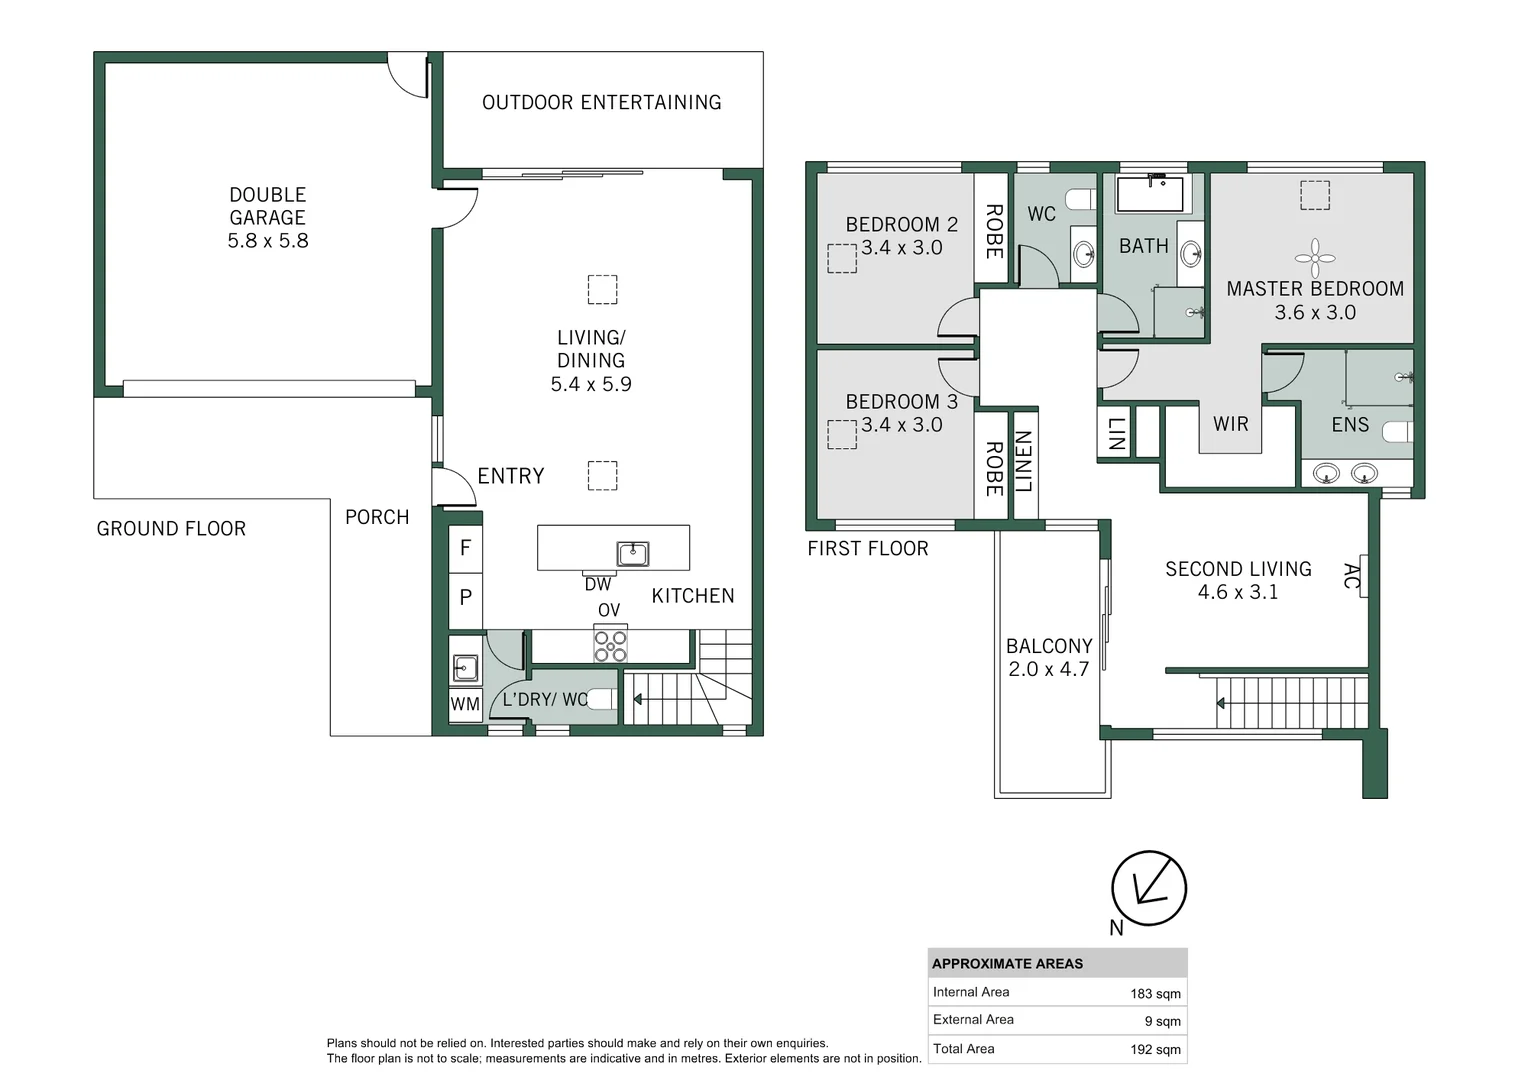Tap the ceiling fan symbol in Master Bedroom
(1315, 257)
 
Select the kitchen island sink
(633, 553)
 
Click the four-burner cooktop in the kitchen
(611, 645)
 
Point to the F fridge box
(465, 548)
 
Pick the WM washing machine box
(465, 704)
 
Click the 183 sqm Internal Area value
(1155, 994)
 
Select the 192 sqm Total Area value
(1155, 1050)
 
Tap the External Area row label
(973, 1020)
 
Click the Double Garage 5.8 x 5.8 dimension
(268, 241)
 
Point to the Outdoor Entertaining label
(601, 103)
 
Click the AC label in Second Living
(1352, 576)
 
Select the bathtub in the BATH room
(1150, 194)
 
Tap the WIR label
(1231, 424)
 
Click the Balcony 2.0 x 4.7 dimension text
(1048, 670)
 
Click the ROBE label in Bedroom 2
(994, 231)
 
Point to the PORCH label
(377, 517)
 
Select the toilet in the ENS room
(1398, 432)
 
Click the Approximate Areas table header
(1007, 964)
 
